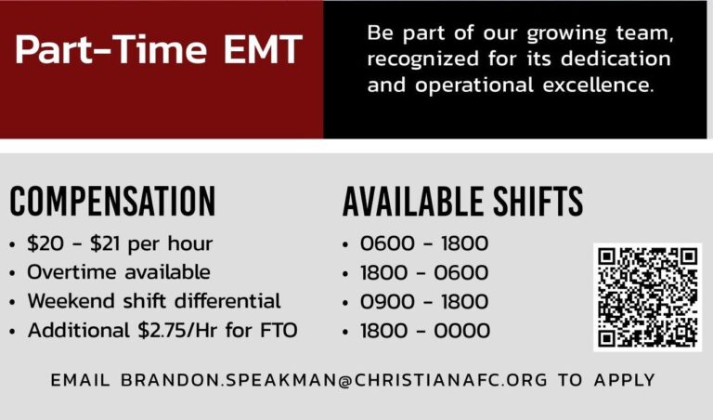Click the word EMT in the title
click(263, 49)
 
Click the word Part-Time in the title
click(111, 49)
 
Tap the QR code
click(647, 297)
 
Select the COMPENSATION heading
click(112, 201)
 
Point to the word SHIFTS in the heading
click(538, 201)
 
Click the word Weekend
click(71, 301)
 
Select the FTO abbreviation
click(279, 331)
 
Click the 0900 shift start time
click(387, 302)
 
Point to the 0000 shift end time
click(462, 331)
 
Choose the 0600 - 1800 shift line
click(424, 243)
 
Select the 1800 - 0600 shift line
click(424, 272)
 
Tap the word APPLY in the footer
click(624, 380)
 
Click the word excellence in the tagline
click(598, 85)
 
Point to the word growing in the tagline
click(566, 34)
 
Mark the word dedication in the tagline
click(616, 59)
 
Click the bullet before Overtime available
click(12, 273)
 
